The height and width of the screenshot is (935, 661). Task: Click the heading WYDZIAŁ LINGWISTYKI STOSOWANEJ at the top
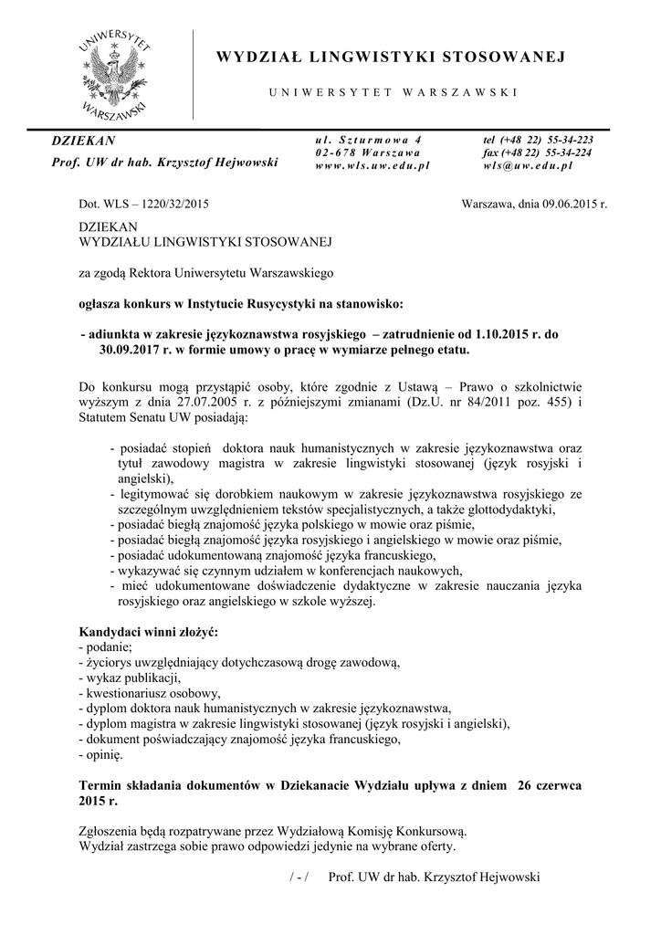(391, 58)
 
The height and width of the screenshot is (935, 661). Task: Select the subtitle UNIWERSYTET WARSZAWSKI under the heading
(393, 92)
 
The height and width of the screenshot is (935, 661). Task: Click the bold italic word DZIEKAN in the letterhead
(82, 141)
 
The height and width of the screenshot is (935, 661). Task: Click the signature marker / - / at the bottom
(299, 877)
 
